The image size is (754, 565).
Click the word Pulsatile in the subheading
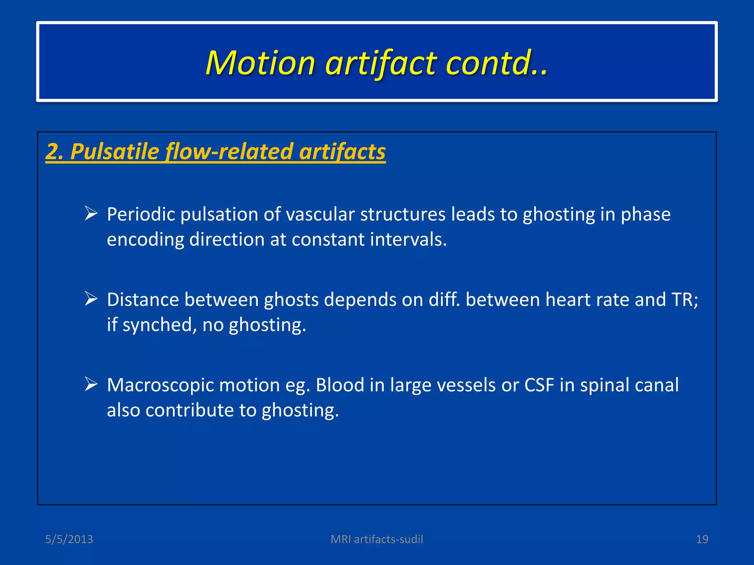pyautogui.click(x=114, y=151)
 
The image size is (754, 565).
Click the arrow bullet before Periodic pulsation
pyautogui.click(x=91, y=213)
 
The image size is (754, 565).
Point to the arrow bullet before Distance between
pyautogui.click(x=91, y=299)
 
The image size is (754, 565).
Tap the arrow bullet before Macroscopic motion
pyautogui.click(x=91, y=384)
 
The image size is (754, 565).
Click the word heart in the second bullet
pyautogui.click(x=568, y=299)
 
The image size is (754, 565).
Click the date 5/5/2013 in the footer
pyautogui.click(x=69, y=539)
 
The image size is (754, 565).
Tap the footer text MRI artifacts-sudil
pyautogui.click(x=377, y=539)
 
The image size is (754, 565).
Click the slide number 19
pyautogui.click(x=702, y=539)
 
